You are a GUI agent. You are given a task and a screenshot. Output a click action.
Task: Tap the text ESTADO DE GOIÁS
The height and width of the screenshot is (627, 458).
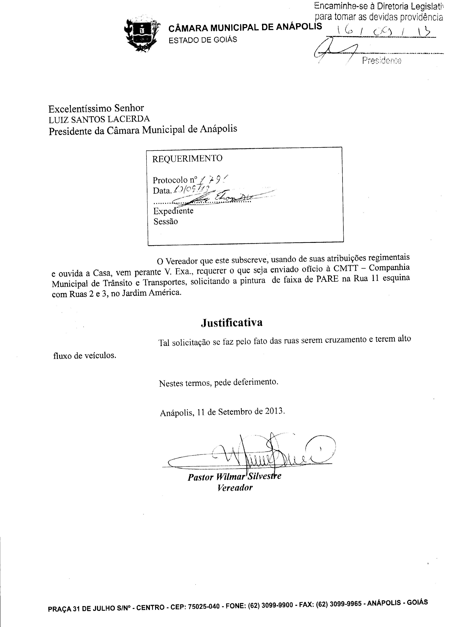(x=203, y=40)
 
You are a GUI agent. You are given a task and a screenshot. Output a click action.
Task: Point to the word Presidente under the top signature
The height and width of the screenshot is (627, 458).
(x=381, y=60)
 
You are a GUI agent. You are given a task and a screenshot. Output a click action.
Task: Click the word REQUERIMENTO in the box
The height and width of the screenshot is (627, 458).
(x=187, y=158)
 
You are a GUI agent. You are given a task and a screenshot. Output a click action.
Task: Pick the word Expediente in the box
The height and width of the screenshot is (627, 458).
(x=173, y=211)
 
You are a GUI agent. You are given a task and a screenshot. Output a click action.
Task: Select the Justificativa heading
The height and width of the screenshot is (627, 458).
(x=232, y=322)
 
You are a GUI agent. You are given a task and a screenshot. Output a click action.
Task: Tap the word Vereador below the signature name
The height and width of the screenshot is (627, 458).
(x=235, y=488)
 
